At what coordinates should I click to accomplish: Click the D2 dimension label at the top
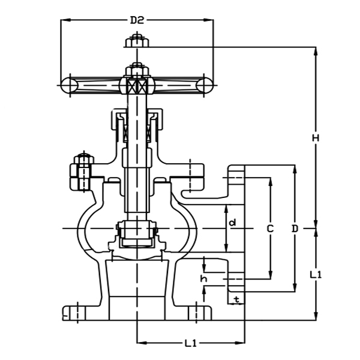(x=137, y=20)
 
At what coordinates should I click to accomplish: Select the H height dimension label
(x=316, y=137)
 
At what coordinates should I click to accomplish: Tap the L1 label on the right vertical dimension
(x=316, y=274)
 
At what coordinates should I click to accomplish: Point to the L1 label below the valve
(x=191, y=344)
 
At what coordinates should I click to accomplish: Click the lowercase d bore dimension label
(x=233, y=223)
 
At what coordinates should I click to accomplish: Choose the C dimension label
(x=270, y=229)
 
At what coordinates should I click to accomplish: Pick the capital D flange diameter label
(x=295, y=229)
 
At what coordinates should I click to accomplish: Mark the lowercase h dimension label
(x=204, y=278)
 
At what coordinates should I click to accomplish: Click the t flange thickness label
(x=236, y=298)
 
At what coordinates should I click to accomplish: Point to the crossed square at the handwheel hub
(x=137, y=86)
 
